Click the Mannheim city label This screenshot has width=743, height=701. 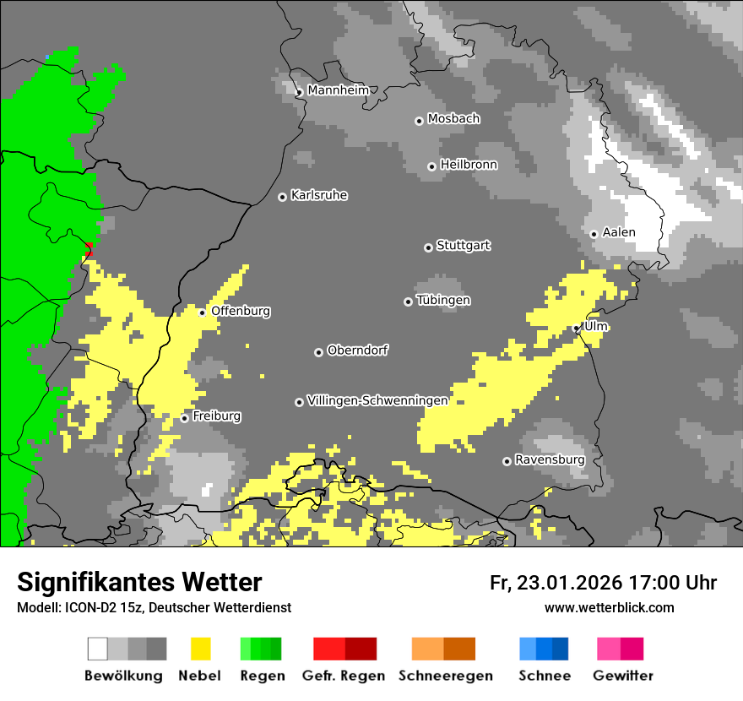338,90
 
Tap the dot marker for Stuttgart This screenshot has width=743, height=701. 428,247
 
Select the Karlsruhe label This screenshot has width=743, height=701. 318,196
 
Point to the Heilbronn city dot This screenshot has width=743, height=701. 431,166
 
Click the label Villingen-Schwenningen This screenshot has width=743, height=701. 377,400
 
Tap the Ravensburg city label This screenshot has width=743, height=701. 550,460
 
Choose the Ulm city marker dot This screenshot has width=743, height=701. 576,329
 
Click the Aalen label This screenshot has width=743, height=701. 619,232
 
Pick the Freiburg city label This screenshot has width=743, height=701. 216,416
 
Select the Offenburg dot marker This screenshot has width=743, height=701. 202,312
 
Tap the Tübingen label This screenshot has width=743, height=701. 443,301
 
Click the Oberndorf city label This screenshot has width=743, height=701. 357,350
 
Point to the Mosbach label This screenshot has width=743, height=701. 453,119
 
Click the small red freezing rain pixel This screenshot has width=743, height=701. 89,248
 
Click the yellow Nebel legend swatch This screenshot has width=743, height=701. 200,649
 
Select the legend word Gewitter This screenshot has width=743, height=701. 622,676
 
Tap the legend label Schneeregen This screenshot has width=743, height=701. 445,676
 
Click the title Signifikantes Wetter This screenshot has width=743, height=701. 139,582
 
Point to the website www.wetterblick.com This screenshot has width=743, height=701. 609,607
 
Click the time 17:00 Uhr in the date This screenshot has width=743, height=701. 671,583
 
